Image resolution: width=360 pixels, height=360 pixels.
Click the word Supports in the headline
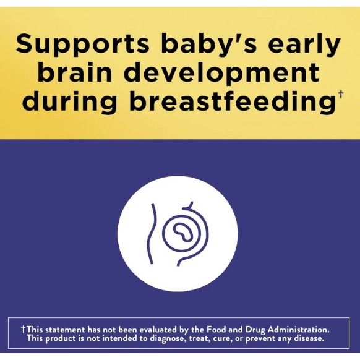point(82,44)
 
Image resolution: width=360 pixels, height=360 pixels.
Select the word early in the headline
point(304,44)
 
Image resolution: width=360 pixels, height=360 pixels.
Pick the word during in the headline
point(69,101)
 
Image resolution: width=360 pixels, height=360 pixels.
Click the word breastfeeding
point(232,101)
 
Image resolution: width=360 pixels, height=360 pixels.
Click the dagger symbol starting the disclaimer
point(23,330)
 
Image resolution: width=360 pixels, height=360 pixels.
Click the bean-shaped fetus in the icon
point(182,232)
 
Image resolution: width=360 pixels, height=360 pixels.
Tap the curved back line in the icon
point(151,233)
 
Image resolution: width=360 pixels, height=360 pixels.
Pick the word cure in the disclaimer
point(222,338)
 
